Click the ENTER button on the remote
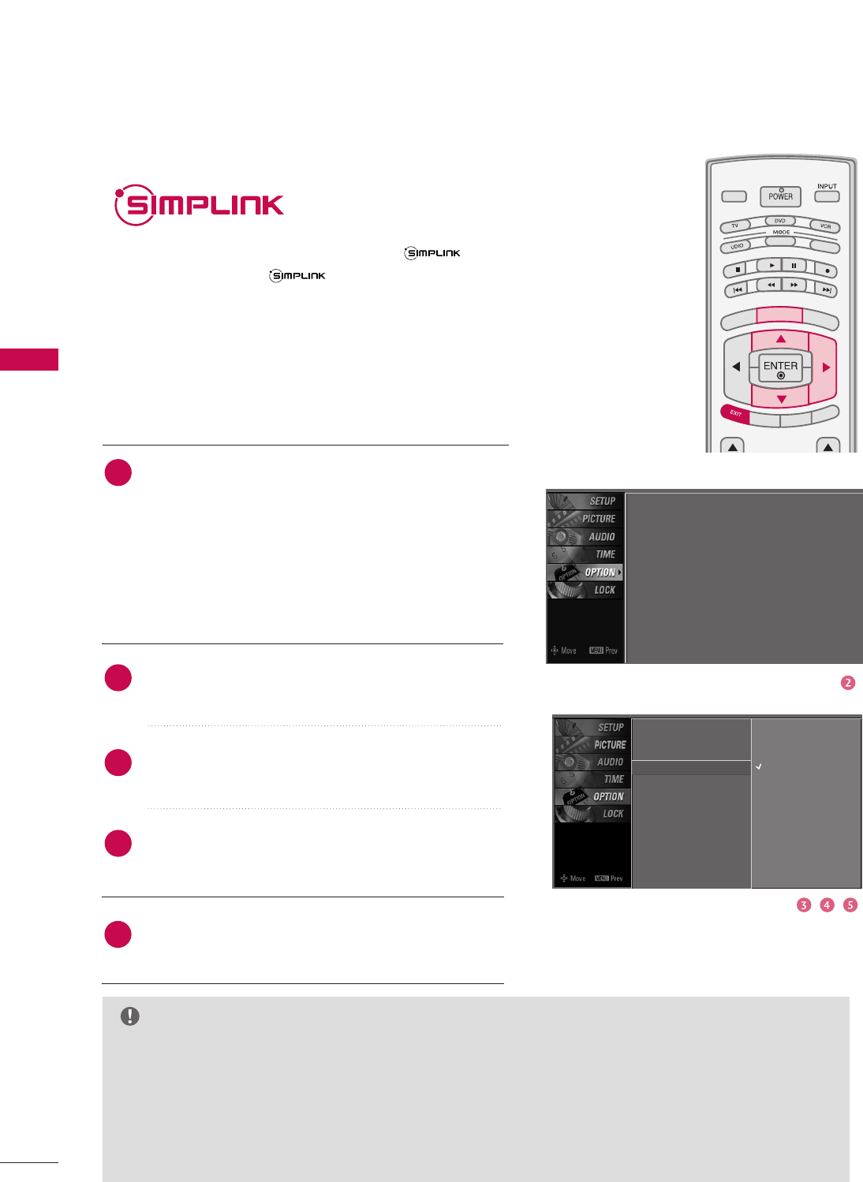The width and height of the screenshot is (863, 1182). (780, 367)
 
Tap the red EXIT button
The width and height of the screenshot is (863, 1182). (735, 413)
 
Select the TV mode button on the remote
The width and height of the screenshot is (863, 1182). (734, 226)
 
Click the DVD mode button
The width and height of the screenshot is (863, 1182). (779, 221)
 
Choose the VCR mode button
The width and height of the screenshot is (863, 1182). (825, 226)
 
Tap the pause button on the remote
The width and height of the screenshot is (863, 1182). (794, 266)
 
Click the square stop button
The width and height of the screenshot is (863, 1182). (737, 270)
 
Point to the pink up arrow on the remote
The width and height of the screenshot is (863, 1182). (780, 339)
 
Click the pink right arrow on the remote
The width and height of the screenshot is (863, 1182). (826, 367)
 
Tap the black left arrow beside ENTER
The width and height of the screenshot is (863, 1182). (736, 367)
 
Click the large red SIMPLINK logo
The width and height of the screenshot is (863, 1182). (200, 205)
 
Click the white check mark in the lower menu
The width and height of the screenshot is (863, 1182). (759, 766)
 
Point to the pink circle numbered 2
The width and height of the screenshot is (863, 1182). (848, 683)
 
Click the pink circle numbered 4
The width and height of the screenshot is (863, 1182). (827, 905)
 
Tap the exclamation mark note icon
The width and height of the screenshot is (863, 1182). (130, 1016)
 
